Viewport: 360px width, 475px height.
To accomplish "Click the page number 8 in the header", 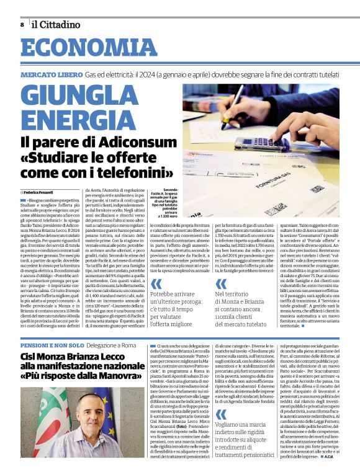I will coord(22,25).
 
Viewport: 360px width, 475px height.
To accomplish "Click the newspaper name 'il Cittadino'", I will coord(56,25).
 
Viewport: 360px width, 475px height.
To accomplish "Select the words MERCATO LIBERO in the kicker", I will coord(52,74).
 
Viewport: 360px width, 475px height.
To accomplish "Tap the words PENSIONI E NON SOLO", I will coord(52,344).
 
